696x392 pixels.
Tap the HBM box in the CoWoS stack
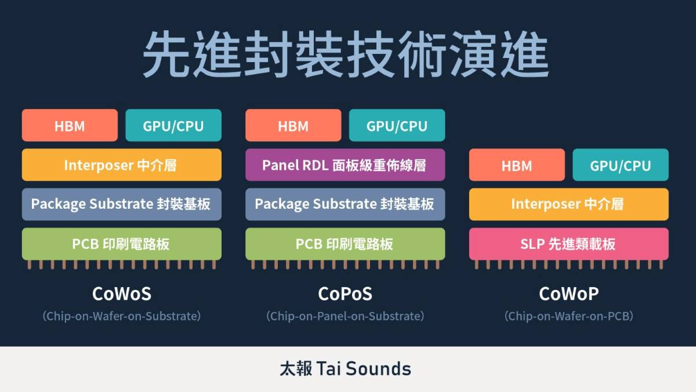(x=70, y=125)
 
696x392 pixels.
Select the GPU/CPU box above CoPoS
(x=397, y=125)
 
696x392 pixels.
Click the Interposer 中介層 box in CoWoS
(x=121, y=165)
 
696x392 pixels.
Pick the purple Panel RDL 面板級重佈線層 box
(x=345, y=165)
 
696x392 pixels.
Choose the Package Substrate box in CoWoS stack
(x=121, y=204)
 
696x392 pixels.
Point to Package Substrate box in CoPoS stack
(x=345, y=204)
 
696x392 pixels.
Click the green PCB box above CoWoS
(x=121, y=244)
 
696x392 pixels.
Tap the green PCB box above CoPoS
(x=345, y=244)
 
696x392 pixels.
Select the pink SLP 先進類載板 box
(x=568, y=244)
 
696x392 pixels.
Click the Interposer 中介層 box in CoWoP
(x=568, y=204)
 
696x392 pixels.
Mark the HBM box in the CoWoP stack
(x=517, y=165)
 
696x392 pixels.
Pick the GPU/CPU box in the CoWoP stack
(x=620, y=165)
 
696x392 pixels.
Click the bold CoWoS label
(x=121, y=294)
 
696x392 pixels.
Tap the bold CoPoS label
(x=345, y=294)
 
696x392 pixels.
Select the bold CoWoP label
(x=568, y=294)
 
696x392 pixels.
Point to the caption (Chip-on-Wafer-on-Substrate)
(x=121, y=316)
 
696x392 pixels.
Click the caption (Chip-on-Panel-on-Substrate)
(x=345, y=316)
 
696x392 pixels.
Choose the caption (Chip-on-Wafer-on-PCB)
(x=568, y=316)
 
